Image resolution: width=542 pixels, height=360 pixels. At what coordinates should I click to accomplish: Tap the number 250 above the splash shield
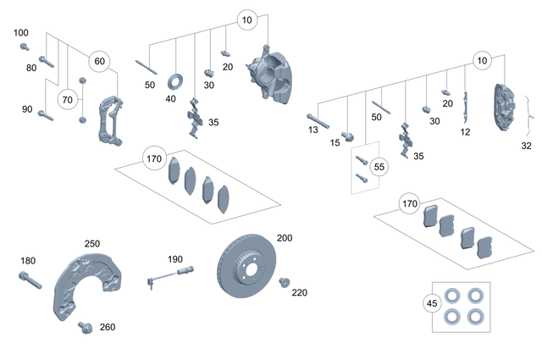[x=91, y=244]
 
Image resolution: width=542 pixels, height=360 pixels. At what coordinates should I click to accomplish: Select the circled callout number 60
[x=99, y=61]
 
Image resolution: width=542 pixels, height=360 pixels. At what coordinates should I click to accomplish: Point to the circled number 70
[x=67, y=99]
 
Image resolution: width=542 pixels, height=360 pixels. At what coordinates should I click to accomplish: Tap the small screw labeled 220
[x=285, y=282]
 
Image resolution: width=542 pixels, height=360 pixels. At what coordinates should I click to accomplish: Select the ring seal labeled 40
[x=177, y=81]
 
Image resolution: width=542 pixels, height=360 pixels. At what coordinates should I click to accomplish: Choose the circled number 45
[x=432, y=302]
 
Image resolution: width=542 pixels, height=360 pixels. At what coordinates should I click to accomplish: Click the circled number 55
[x=379, y=168]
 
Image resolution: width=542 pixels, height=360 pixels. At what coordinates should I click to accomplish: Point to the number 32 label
[x=526, y=146]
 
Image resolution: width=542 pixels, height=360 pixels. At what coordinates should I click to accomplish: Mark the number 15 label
[x=335, y=143]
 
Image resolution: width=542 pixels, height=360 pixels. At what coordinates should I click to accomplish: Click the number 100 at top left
[x=21, y=32]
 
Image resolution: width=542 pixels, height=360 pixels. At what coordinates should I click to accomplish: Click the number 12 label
[x=464, y=132]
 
